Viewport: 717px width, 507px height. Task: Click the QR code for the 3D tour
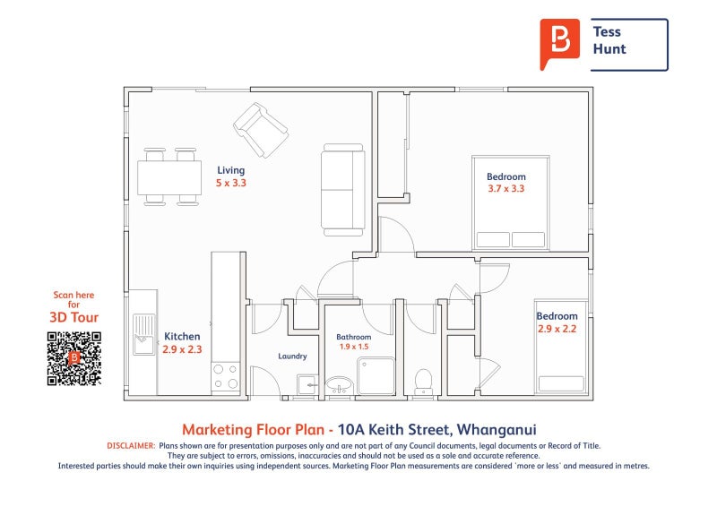click(73, 359)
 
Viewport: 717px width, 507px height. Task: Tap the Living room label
click(231, 170)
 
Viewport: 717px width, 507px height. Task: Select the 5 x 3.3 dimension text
click(231, 183)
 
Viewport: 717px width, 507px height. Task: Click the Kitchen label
click(182, 337)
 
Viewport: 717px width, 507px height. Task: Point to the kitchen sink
click(143, 334)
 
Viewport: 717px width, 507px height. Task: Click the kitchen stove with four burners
click(226, 377)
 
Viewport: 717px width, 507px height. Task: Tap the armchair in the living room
click(261, 130)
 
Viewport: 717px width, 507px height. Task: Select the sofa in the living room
click(343, 190)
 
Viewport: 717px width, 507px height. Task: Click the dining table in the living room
click(169, 177)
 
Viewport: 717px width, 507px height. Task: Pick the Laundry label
click(293, 357)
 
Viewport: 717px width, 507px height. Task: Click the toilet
click(423, 382)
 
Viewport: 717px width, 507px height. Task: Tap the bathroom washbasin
click(339, 385)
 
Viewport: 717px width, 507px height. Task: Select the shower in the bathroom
click(376, 376)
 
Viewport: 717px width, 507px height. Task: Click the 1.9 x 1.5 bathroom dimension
click(354, 347)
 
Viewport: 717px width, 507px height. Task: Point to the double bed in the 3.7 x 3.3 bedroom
click(511, 202)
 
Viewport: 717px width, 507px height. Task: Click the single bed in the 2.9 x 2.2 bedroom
click(562, 347)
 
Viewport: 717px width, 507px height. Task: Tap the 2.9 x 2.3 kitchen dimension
click(182, 349)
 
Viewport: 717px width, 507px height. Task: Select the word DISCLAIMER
click(131, 446)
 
